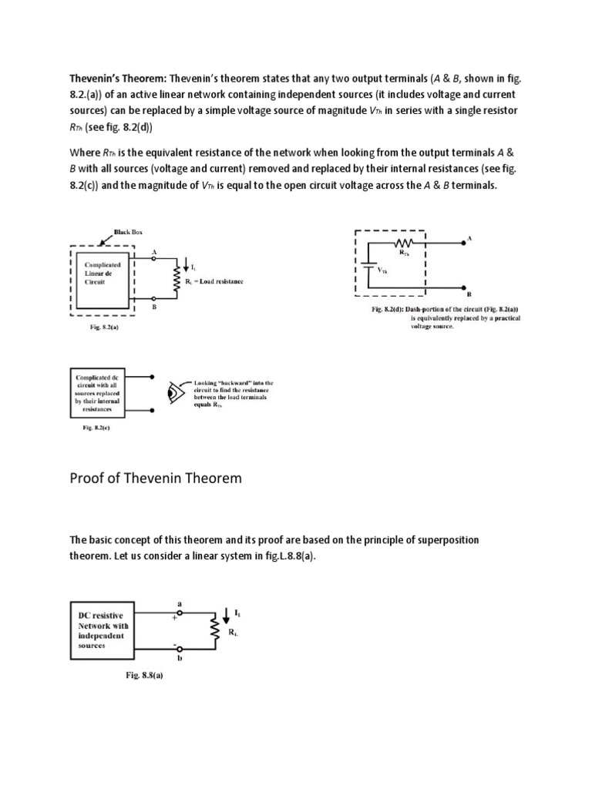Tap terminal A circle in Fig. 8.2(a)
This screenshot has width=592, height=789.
click(x=154, y=260)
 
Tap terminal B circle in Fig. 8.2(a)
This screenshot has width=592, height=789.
click(x=154, y=298)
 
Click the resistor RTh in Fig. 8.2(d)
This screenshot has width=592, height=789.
click(x=404, y=243)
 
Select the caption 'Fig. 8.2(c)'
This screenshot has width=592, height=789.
click(x=96, y=428)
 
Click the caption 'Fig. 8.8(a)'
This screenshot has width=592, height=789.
click(x=145, y=675)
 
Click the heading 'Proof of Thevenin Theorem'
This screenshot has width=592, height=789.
click(x=156, y=478)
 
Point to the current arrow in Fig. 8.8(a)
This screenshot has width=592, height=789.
click(x=224, y=614)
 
